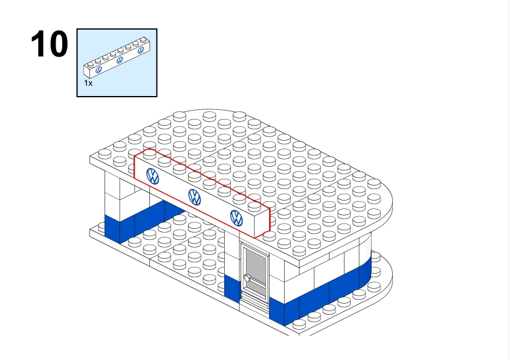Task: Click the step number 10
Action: [50, 44]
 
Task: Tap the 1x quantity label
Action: [88, 83]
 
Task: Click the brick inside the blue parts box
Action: [117, 57]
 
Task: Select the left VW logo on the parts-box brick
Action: [99, 69]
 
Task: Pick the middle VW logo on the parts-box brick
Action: [120, 60]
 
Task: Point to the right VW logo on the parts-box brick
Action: [141, 50]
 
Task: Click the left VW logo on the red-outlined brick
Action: [152, 176]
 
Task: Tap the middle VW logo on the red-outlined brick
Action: [195, 197]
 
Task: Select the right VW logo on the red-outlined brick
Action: [236, 218]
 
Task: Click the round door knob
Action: [247, 278]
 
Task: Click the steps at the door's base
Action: [254, 303]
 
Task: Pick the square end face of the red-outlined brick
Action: [262, 222]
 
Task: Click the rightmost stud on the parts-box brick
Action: [143, 40]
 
